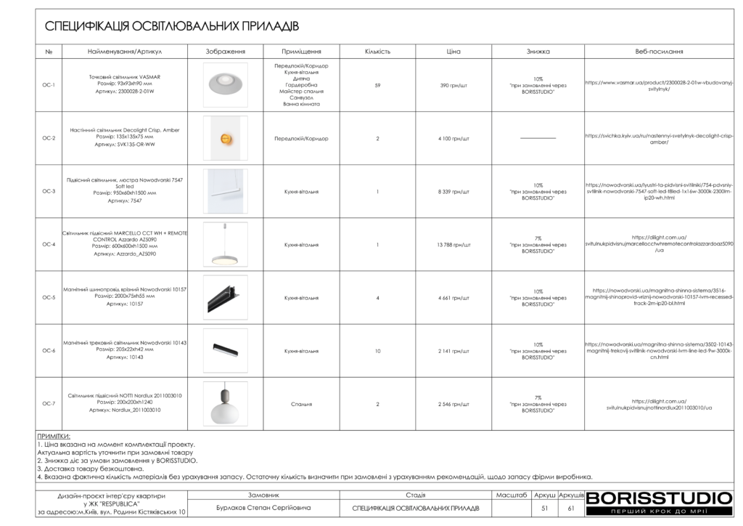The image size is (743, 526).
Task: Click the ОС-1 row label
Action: point(49,85)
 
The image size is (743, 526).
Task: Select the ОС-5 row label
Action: point(49,297)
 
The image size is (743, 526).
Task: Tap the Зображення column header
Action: point(225,52)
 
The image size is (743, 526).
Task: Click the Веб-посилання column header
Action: point(659,52)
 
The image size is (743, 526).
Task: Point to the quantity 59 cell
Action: point(377,85)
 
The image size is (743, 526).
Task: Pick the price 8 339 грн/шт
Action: point(453,191)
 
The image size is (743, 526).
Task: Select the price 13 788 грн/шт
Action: point(453,244)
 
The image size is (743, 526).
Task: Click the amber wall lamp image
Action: point(225,138)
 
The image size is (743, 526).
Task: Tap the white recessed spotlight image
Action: point(225,85)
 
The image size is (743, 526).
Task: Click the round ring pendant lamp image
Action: point(225,244)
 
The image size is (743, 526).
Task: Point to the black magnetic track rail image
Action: point(225,297)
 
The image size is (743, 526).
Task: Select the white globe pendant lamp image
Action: point(225,404)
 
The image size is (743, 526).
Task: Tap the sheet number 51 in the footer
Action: point(544,508)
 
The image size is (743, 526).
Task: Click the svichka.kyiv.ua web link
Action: point(659,138)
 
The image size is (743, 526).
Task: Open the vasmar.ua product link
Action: point(659,85)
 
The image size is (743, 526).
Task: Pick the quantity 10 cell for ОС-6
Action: point(377,350)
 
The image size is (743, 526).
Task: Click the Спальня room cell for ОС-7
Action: point(302,404)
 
